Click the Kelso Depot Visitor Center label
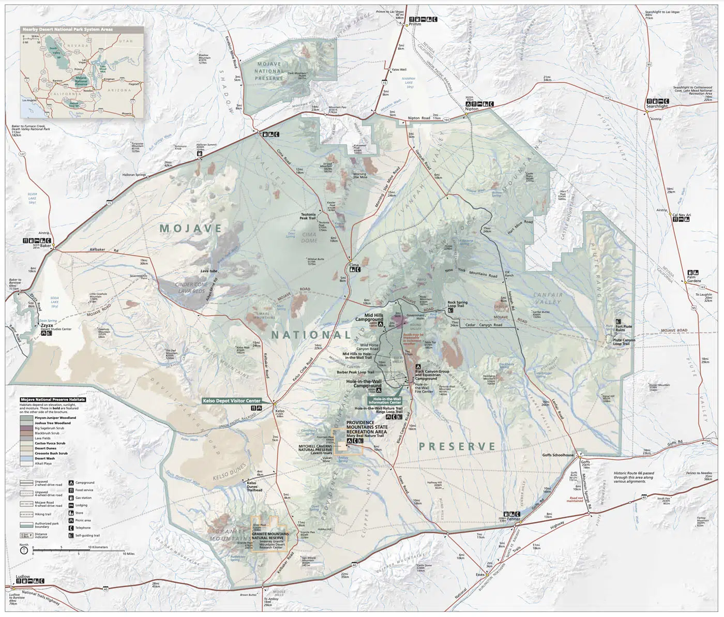[x=231, y=401]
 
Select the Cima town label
[x=354, y=265]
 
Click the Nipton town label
[x=471, y=109]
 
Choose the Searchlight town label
[x=657, y=106]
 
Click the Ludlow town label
[x=23, y=576]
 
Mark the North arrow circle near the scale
[x=24, y=551]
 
